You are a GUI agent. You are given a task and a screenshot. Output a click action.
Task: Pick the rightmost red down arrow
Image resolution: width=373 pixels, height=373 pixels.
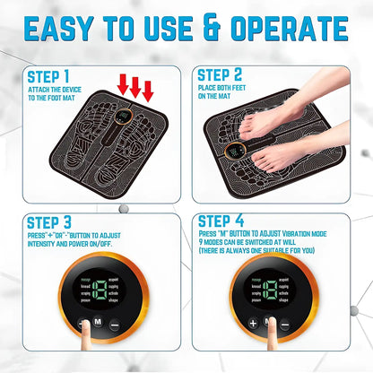click(x=147, y=90)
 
